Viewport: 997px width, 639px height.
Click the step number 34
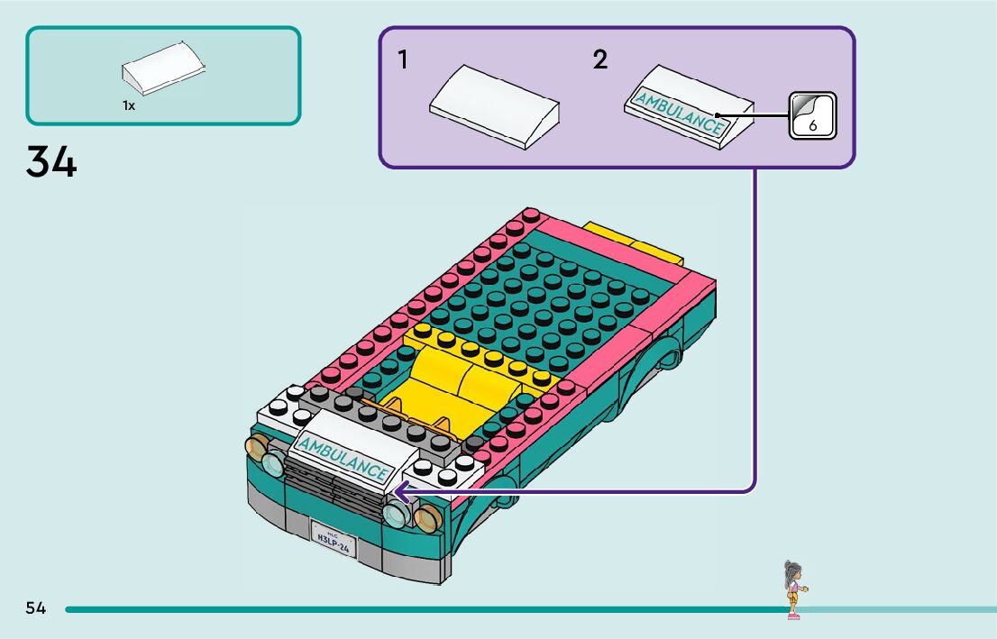click(51, 161)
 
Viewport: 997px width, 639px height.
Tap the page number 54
click(35, 608)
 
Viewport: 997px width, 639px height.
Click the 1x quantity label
click(129, 105)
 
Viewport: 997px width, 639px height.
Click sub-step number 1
click(403, 60)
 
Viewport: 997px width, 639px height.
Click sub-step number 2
click(599, 60)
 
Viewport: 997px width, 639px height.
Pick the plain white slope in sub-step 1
click(494, 105)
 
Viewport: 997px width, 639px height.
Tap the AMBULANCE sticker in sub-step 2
click(679, 112)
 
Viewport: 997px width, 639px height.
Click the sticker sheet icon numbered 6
click(812, 115)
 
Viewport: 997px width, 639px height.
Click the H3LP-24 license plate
click(334, 539)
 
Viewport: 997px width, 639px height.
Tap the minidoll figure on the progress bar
click(793, 589)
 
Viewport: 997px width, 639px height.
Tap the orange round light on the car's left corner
click(256, 446)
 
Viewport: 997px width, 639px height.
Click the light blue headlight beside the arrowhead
click(394, 515)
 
